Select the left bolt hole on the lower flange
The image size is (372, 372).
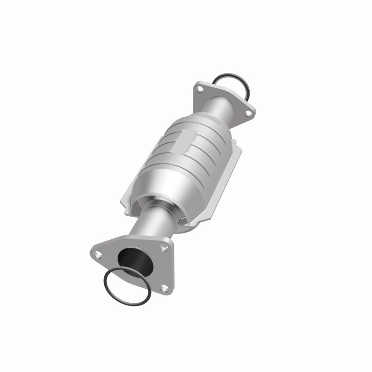pos(99,253)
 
